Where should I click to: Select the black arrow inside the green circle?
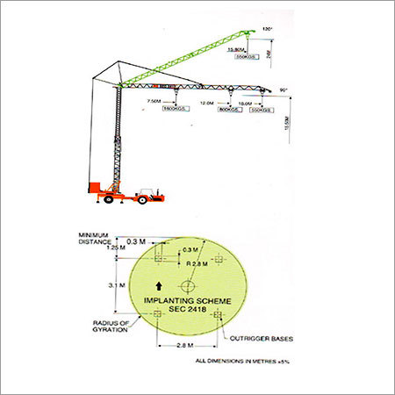click(x=158, y=285)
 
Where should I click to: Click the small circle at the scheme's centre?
click(x=188, y=286)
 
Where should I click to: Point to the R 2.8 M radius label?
click(x=197, y=262)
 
